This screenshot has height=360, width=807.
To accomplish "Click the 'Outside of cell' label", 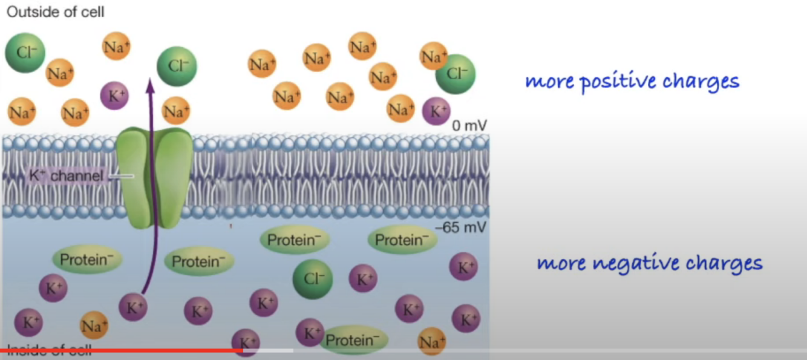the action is click(56, 12).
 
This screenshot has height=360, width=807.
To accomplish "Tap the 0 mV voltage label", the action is click(469, 126).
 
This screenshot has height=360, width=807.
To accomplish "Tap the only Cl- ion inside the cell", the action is click(313, 279).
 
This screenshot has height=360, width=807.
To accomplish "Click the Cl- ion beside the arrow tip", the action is click(177, 67).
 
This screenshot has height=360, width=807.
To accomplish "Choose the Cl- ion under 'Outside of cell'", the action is click(25, 53).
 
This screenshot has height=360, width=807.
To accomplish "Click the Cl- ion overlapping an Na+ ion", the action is click(456, 74).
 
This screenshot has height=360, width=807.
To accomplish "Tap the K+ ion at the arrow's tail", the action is click(132, 307).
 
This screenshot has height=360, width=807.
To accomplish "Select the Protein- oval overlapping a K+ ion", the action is click(354, 340).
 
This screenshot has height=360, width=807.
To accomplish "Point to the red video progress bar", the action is click(121, 350).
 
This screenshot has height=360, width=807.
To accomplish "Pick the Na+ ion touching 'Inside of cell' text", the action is click(94, 326).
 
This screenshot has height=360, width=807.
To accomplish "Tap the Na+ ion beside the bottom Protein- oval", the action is click(431, 342).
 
